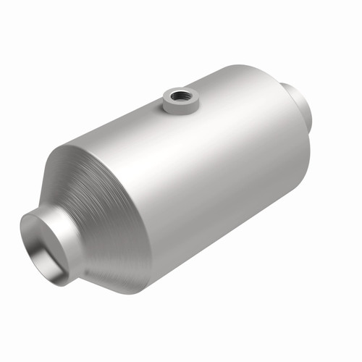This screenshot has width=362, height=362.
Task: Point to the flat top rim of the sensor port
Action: click(x=167, y=93)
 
